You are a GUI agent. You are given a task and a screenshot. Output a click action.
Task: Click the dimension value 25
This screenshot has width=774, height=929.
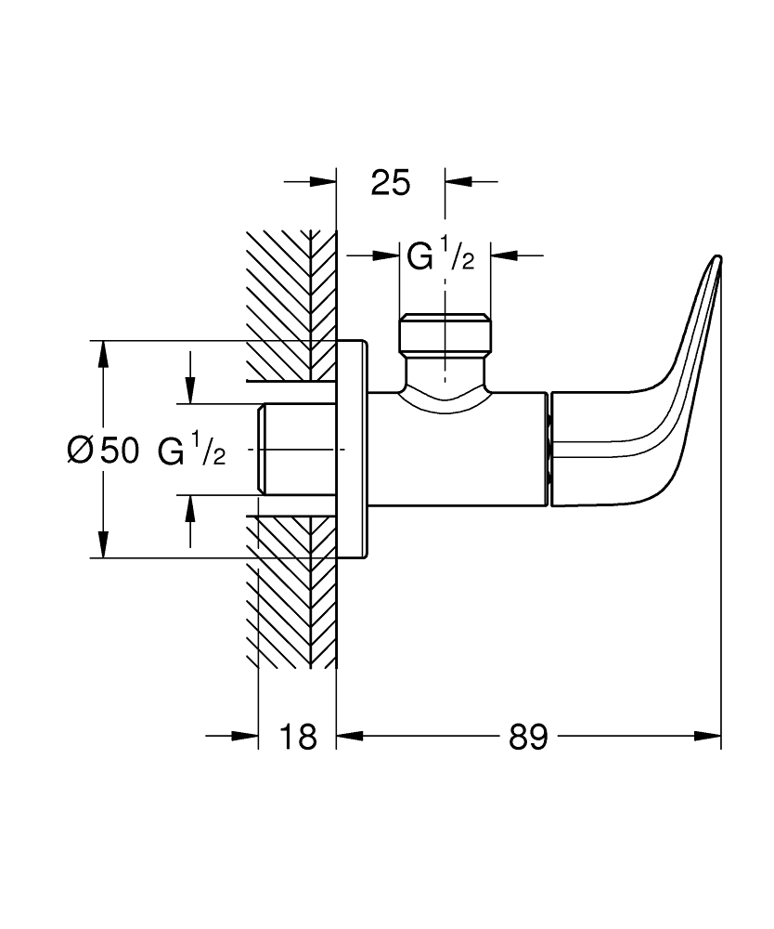pyautogui.click(x=390, y=182)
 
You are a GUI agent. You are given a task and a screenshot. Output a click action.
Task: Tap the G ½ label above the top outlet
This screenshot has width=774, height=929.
pyautogui.click(x=441, y=254)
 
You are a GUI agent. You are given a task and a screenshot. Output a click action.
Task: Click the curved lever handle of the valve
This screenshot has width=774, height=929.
pyautogui.click(x=650, y=409)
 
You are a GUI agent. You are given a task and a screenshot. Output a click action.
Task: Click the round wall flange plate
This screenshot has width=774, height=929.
pyautogui.click(x=352, y=450)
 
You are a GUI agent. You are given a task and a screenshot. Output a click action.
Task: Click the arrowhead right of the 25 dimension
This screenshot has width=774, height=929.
pyautogui.click(x=458, y=181)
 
